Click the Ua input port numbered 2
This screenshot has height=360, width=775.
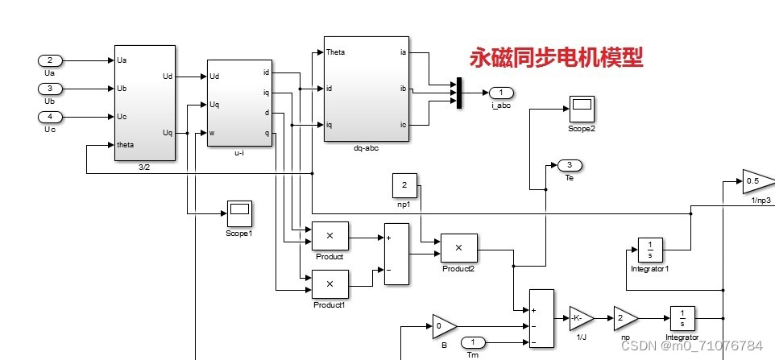50,60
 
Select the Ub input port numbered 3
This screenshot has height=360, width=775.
50,89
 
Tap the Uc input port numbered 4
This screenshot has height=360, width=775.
50,117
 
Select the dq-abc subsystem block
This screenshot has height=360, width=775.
365,89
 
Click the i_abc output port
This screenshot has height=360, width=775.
500,92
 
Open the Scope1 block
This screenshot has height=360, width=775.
238,213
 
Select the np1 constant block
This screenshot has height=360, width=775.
404,185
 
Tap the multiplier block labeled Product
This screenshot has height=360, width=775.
329,236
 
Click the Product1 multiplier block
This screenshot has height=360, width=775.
329,284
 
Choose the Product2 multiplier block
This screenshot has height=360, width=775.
458,248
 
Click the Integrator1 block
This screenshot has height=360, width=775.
649,250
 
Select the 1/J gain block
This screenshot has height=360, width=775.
579,318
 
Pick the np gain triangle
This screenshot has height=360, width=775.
624,318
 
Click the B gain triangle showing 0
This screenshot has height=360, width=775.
443,326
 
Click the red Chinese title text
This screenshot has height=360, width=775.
557,58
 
